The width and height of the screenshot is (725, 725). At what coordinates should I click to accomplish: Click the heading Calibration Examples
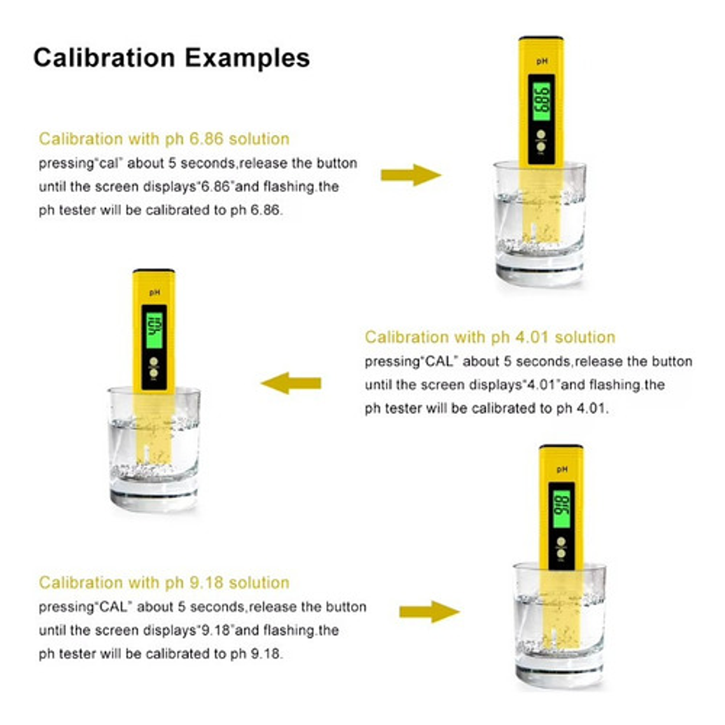tap(172, 59)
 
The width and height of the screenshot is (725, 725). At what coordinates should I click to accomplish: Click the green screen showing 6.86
tap(541, 102)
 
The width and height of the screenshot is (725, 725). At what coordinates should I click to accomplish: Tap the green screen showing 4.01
tap(154, 330)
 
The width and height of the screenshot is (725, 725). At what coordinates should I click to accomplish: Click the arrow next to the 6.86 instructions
tap(411, 175)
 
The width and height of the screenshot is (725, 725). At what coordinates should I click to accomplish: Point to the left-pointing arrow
tap(291, 383)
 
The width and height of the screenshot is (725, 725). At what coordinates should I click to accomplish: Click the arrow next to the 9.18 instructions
tap(429, 612)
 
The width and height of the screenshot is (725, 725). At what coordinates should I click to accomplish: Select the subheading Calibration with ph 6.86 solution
tap(164, 139)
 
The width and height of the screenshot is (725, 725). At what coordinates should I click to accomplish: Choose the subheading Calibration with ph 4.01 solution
tap(490, 337)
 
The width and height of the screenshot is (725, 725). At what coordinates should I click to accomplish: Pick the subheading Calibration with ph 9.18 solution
tap(164, 583)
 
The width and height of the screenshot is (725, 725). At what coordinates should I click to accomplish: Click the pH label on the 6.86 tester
tap(542, 61)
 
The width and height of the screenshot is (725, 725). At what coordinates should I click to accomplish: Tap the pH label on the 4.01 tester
tap(155, 292)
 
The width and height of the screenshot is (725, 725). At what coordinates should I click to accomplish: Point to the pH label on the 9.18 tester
tap(562, 469)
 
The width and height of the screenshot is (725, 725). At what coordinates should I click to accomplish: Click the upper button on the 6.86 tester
tap(541, 135)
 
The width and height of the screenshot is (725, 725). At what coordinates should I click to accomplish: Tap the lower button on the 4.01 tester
tap(153, 373)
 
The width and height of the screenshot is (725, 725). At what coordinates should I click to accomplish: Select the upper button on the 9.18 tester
tap(562, 542)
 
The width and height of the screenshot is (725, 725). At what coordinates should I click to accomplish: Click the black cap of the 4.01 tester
tap(153, 270)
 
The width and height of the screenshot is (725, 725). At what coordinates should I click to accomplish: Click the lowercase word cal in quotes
tap(109, 163)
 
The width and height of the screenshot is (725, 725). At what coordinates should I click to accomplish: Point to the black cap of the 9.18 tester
tap(562, 446)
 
